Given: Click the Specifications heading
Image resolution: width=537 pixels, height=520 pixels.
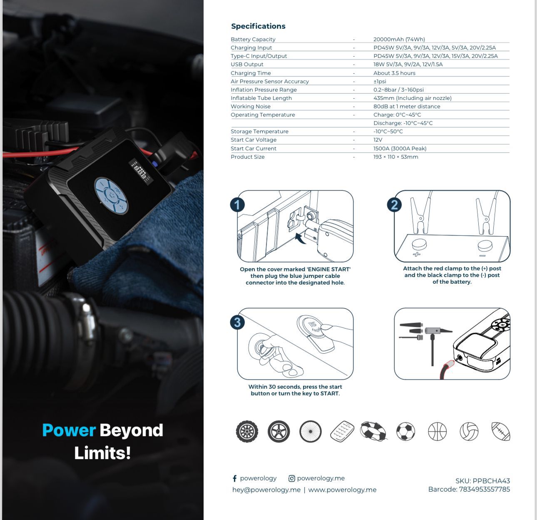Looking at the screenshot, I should coord(258,26).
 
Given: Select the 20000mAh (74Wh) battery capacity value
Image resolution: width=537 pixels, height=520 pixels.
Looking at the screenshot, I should coord(399,39).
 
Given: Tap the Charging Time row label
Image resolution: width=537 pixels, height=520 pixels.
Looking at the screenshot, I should coord(251,73).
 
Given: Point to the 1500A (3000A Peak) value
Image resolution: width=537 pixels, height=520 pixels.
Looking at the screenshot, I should coord(400,148).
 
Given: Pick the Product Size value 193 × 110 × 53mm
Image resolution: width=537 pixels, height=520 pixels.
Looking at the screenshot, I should coord(395,157).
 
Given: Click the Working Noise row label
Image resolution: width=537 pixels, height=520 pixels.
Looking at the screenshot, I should coord(251,106).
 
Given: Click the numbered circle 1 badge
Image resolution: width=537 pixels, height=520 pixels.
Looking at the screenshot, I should coord(237,205).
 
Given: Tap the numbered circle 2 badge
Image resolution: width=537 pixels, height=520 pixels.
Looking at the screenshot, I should coord(394,205).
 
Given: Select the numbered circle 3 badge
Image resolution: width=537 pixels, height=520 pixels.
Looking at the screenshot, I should coord(237,322).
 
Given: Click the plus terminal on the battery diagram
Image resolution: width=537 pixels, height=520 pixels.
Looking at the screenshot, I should coord(417,246).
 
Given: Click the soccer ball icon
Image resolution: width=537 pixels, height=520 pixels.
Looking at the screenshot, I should coord(405,432).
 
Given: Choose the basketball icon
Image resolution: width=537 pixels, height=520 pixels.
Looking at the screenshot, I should coord(437,432).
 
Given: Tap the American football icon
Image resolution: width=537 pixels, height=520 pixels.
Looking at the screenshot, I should coord(500,432).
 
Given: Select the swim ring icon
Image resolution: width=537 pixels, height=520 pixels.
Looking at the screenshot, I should coord(373,432).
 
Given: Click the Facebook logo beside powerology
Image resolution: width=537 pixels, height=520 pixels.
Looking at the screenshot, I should coord(235,479).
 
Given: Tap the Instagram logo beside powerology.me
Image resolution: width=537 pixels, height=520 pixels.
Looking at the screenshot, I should coord(292,479).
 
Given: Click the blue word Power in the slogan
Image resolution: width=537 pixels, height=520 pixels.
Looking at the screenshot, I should coord(69,430).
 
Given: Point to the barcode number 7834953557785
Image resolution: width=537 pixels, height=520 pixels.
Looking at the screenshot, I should coord(484,489).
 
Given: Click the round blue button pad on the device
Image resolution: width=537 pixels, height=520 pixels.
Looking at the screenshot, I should coord(111,195).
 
